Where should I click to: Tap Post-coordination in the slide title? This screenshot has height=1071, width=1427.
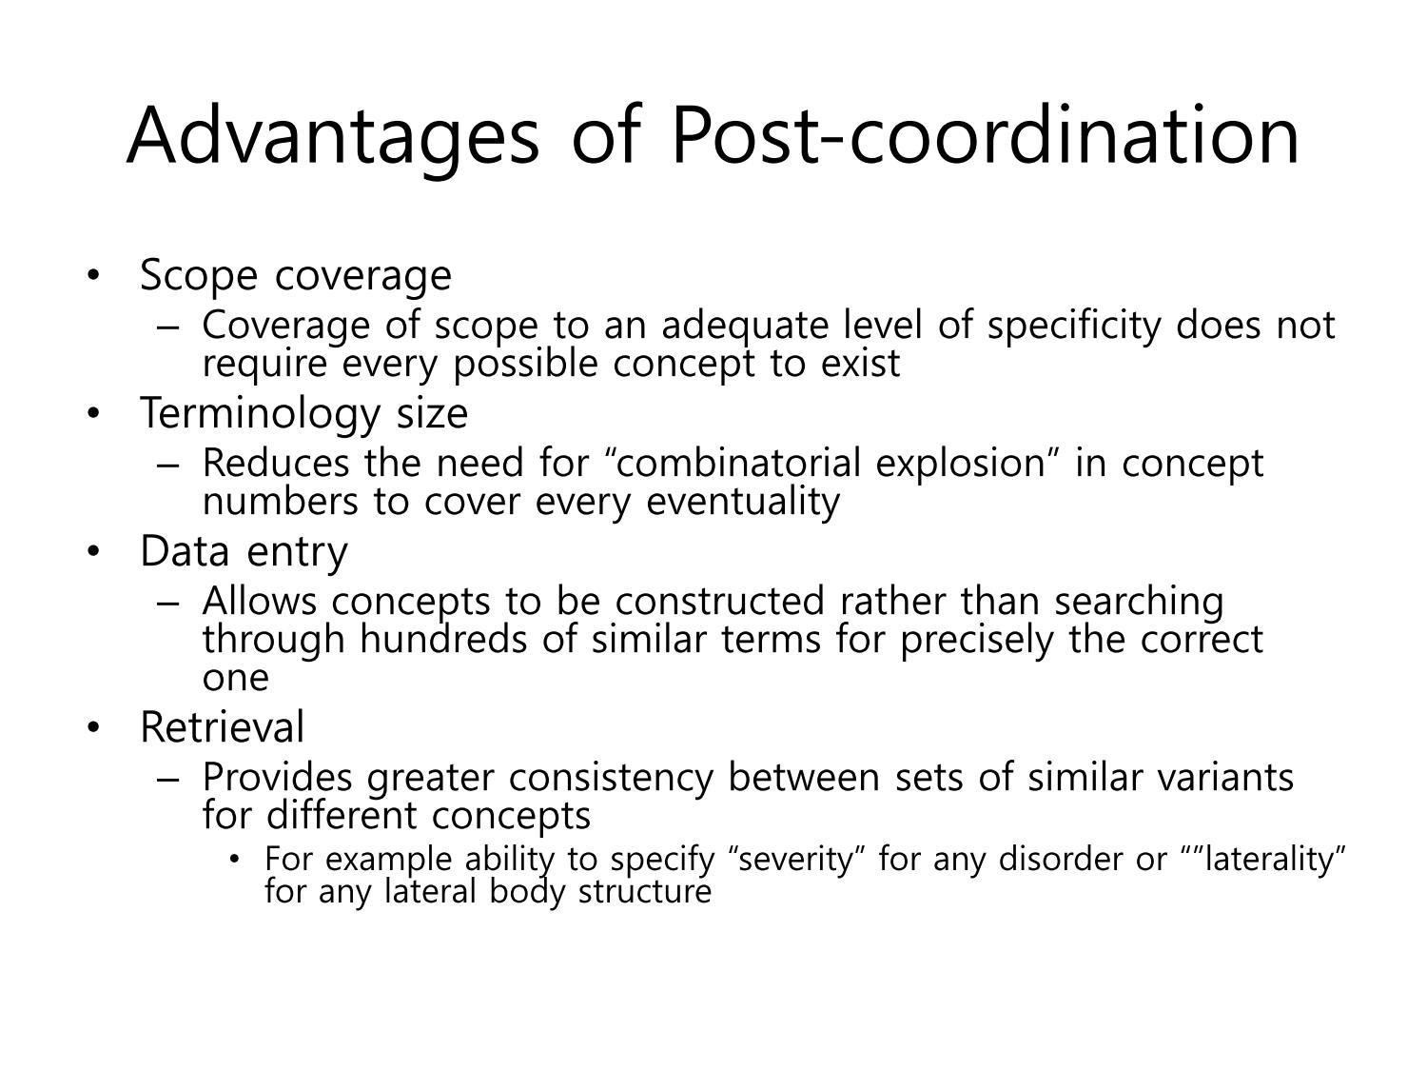pyautogui.click(x=985, y=135)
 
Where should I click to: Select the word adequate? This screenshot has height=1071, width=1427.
pyautogui.click(x=745, y=327)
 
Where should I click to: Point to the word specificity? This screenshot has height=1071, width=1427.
pyautogui.click(x=1073, y=327)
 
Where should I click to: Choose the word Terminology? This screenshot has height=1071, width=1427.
pyautogui.click(x=260, y=414)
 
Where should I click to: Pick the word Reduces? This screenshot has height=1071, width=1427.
pyautogui.click(x=276, y=464)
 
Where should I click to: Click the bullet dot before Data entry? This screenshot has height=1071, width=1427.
pyautogui.click(x=93, y=551)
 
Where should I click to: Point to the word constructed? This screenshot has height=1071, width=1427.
pyautogui.click(x=719, y=602)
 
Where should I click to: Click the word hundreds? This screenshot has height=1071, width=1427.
pyautogui.click(x=442, y=639)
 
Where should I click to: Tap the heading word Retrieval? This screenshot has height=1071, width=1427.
pyautogui.click(x=223, y=727)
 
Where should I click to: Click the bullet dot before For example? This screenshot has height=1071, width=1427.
pyautogui.click(x=235, y=861)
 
